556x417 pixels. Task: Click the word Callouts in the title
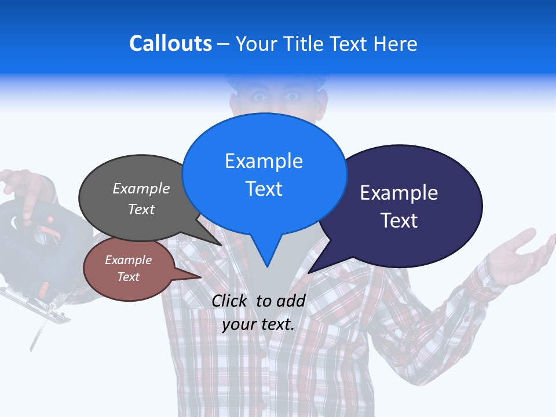(170, 43)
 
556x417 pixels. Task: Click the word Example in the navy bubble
(399, 193)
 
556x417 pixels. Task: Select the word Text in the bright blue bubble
(264, 189)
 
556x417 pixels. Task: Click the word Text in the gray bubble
(141, 210)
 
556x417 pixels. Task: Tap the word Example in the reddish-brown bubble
(128, 260)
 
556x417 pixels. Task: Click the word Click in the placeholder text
(230, 301)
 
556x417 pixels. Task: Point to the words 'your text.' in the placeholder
(258, 324)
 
